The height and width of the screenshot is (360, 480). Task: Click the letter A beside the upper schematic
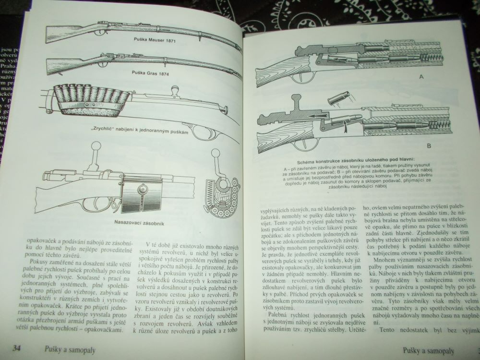pyautogui.click(x=421, y=77)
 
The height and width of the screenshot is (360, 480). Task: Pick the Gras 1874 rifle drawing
pyautogui.click(x=139, y=62)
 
